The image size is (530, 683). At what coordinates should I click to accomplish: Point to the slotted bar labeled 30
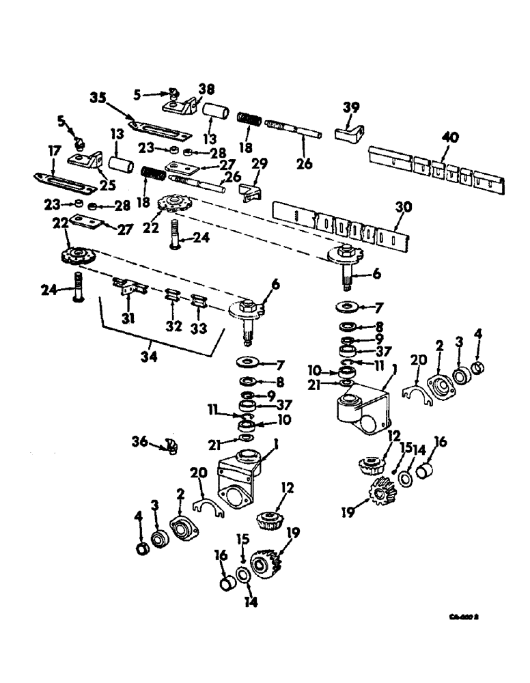(x=335, y=222)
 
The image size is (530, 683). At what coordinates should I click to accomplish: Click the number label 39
(x=350, y=109)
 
